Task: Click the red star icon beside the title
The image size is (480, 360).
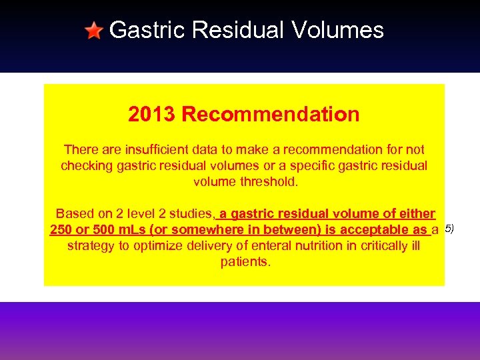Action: (x=94, y=31)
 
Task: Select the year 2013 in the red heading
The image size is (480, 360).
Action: (x=152, y=115)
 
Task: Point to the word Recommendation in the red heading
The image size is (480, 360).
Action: (x=271, y=115)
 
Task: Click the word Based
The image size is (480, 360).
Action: (x=74, y=214)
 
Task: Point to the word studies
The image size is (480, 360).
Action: (x=191, y=214)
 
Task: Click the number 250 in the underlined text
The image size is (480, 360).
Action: (x=62, y=230)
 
